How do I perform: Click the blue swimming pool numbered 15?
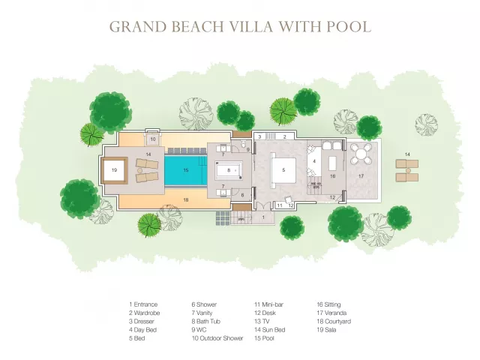[186, 170]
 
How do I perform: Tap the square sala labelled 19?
[114, 170]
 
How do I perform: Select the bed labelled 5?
[283, 170]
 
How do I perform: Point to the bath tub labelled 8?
[229, 170]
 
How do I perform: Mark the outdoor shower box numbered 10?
[153, 139]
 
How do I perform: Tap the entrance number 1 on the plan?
[263, 217]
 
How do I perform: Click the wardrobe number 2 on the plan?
[284, 136]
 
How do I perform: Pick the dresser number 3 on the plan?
[260, 136]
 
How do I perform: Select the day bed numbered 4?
[314, 161]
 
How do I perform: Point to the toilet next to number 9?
[243, 144]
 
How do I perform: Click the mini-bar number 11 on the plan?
[280, 205]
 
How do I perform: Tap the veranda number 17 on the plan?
[361, 176]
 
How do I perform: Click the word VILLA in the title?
[252, 27]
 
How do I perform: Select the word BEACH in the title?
[198, 27]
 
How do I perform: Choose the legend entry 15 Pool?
[264, 338]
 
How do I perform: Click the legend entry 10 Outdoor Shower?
[217, 338]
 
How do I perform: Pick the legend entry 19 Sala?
[326, 330]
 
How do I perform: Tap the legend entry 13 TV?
[262, 322]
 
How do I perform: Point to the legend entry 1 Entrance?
[143, 304]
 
